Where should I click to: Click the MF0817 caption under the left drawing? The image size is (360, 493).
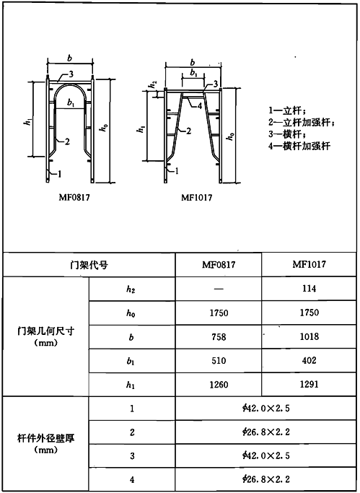[74, 198]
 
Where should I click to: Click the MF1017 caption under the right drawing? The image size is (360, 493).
[197, 198]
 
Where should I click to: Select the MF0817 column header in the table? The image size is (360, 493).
[219, 265]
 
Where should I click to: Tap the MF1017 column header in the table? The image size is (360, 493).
[309, 264]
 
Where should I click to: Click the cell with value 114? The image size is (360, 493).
[309, 289]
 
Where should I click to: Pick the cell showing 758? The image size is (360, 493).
[219, 337]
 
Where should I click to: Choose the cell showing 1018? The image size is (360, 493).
[309, 336]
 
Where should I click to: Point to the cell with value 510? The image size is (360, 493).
[219, 361]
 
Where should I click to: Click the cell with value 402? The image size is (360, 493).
[309, 360]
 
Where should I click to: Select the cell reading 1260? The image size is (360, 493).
[219, 385]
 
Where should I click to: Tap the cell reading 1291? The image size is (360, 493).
[309, 384]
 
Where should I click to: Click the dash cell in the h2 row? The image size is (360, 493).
[219, 289]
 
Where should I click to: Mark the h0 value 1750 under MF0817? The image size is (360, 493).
[219, 313]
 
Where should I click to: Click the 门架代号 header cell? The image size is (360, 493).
[89, 265]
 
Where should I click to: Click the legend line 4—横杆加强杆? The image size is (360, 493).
[299, 147]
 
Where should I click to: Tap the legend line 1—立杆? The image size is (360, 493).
[287, 110]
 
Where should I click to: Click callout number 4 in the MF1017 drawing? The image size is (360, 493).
[200, 106]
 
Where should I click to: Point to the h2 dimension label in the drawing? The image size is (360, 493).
[153, 84]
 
